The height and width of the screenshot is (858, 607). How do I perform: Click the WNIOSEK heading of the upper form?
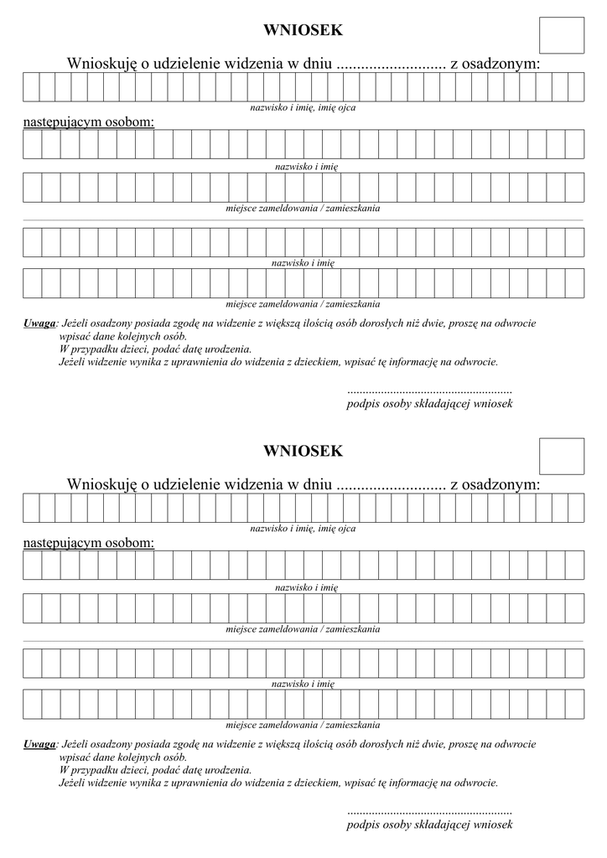point(303,31)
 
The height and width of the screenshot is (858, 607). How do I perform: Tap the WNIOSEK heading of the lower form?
point(303,452)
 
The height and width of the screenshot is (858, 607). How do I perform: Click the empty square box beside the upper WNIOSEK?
point(561,35)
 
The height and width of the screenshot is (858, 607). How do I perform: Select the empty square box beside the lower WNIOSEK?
point(561,456)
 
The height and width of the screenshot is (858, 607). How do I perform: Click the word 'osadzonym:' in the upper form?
point(495,64)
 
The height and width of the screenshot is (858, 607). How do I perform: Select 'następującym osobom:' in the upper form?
point(89,122)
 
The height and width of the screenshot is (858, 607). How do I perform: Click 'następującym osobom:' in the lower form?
point(89,543)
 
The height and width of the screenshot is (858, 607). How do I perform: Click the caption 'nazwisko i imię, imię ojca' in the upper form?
point(303,108)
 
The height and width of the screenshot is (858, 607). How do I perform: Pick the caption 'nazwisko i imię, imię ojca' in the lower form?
point(303,529)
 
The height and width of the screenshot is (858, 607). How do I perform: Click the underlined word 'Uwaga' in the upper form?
point(39,323)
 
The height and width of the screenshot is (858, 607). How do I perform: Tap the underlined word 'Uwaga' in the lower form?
point(39,743)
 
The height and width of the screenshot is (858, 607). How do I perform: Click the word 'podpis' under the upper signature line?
point(362,404)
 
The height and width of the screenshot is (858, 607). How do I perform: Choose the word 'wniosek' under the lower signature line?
point(493,824)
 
